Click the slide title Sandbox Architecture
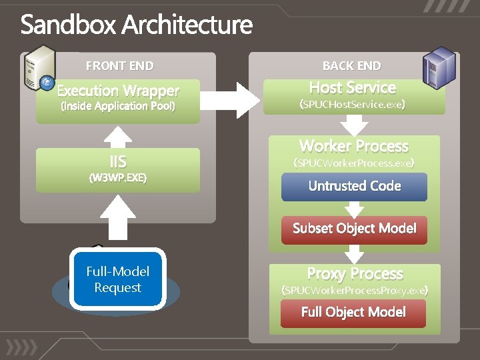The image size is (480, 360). (137, 25)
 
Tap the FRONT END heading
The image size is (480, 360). (119, 66)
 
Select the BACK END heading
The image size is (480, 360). (351, 66)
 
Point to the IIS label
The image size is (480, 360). (118, 161)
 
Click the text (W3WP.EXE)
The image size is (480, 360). (118, 178)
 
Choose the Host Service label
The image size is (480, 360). (353, 88)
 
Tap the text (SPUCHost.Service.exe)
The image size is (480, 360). (353, 105)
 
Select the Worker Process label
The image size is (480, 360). (354, 146)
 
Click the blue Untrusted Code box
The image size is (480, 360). (354, 187)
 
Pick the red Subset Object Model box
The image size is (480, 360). (354, 229)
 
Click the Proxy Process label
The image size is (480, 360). (355, 274)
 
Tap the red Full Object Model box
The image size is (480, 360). (353, 312)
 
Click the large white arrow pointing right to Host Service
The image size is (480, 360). (231, 99)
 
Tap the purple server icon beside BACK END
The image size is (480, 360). (441, 66)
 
